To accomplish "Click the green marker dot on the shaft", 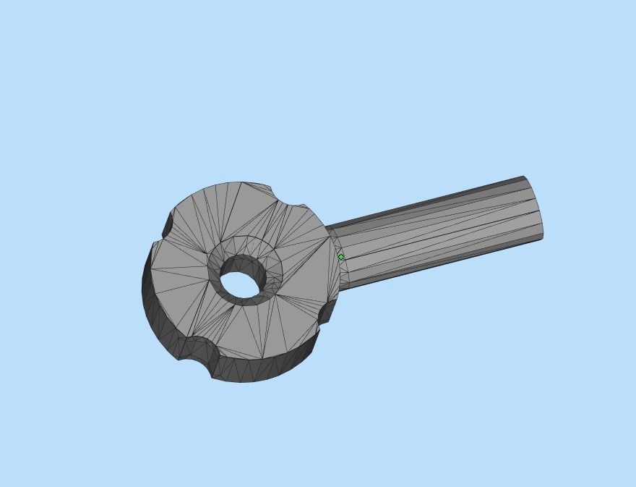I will [341, 257].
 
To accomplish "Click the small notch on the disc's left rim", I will [167, 225].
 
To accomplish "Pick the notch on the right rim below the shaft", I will [326, 312].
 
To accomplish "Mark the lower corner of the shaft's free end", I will [542, 237].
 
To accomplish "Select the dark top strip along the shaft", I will [434, 201].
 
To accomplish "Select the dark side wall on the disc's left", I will [148, 289].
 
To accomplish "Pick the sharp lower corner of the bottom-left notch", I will [212, 377].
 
